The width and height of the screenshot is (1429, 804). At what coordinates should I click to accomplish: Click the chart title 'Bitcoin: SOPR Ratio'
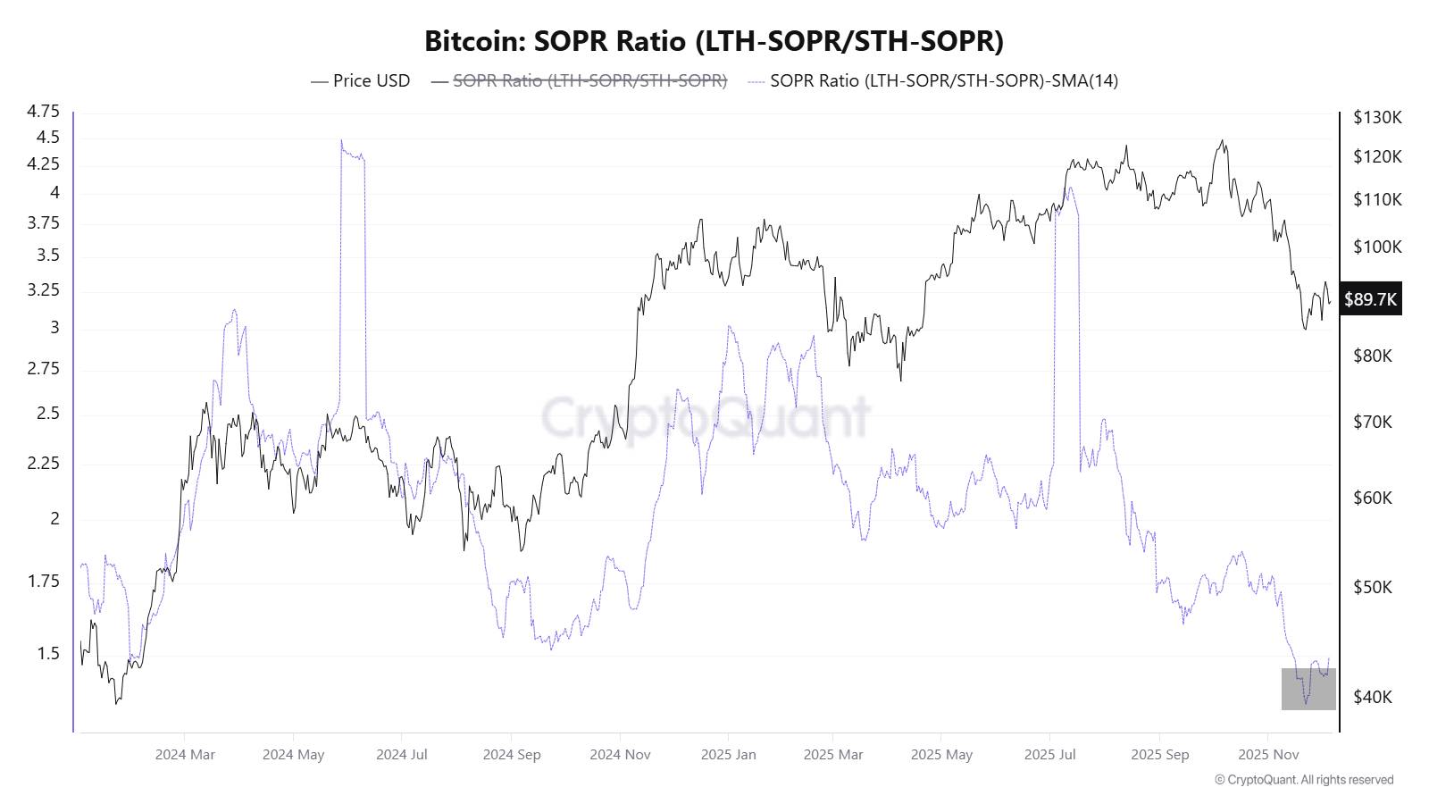[714, 41]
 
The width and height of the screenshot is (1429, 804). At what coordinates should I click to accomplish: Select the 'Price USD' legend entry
[360, 80]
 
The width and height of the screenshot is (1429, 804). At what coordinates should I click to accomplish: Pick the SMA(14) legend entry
[933, 80]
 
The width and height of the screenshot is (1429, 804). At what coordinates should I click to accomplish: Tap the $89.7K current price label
[1370, 299]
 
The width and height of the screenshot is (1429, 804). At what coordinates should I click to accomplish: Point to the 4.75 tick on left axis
[44, 112]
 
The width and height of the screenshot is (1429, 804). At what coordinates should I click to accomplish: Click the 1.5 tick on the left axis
[48, 654]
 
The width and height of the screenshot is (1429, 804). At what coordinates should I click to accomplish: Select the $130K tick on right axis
[1377, 117]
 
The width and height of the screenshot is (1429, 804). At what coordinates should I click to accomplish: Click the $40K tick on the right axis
[1373, 697]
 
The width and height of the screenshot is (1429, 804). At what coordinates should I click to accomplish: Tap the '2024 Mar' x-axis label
[185, 755]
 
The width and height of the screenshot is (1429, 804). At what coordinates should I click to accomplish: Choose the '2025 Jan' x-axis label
[728, 755]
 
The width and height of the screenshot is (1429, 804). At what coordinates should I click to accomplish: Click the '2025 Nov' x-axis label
[1268, 755]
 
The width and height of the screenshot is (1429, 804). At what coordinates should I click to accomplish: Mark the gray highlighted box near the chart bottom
[1308, 689]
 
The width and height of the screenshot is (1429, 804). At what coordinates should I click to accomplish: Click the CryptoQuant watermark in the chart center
[706, 417]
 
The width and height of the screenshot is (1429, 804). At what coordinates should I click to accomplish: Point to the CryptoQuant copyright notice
[1303, 780]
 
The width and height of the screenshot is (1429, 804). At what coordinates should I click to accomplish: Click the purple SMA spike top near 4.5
[342, 141]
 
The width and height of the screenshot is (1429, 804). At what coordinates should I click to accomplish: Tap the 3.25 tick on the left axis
[44, 290]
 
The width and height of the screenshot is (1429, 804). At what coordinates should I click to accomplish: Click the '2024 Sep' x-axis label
[512, 755]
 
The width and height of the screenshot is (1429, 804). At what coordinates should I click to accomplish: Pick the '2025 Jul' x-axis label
[1049, 755]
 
